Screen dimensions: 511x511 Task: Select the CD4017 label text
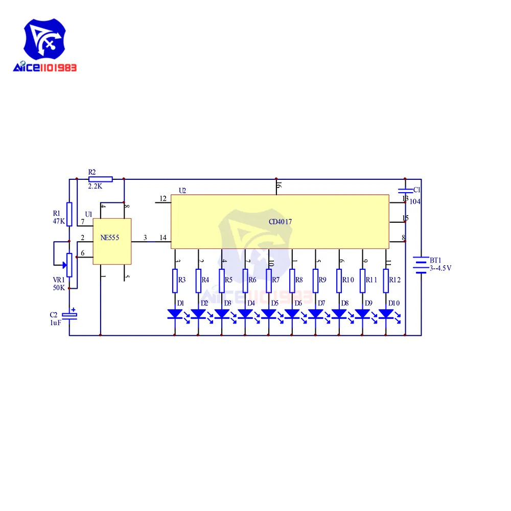point(280,222)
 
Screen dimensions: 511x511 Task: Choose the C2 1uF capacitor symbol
point(69,316)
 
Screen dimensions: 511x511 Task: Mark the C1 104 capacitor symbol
point(405,192)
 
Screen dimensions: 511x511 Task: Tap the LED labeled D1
point(175,313)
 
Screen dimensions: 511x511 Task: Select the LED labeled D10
point(386,313)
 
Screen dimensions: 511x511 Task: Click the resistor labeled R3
point(175,280)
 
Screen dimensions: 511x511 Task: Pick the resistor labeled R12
point(386,280)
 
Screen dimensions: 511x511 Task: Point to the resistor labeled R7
point(269,280)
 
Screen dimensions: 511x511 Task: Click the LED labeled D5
point(269,313)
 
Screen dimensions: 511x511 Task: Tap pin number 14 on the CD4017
point(163,238)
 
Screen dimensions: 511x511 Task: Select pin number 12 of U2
point(163,198)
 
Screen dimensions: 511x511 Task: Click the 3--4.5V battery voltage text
point(440,268)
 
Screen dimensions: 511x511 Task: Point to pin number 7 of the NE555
point(82,222)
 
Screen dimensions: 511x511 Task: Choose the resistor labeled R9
point(315,280)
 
